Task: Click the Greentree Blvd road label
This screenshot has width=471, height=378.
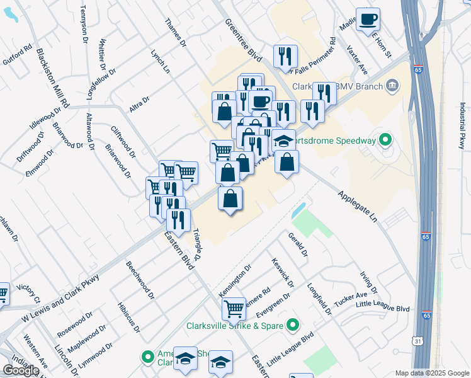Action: coord(243,39)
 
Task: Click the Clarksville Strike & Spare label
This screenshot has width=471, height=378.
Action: coord(235,326)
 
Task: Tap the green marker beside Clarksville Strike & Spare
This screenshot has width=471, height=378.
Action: coord(292,326)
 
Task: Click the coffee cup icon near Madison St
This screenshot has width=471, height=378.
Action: coord(368,19)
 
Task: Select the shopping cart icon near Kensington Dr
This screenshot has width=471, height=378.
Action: coord(234,309)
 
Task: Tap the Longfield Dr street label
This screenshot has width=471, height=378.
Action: coord(319,299)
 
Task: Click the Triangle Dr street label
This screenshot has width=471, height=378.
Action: coord(195,246)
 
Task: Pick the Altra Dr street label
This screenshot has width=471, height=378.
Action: coord(139,104)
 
